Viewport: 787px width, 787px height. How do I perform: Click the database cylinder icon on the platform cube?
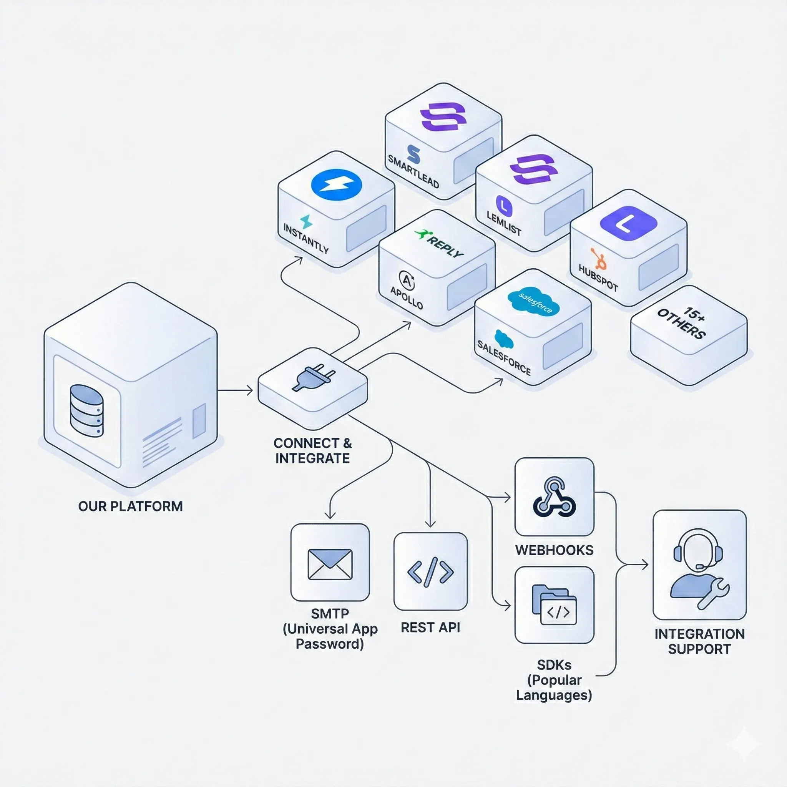(x=86, y=411)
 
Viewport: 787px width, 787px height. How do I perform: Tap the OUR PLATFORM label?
(x=130, y=506)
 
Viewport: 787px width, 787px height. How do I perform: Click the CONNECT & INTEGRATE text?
(x=312, y=450)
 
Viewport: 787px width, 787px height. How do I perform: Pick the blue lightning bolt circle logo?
(x=336, y=184)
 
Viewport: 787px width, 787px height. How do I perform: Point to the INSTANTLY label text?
(x=306, y=239)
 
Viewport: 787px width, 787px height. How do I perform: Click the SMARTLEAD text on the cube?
(x=413, y=171)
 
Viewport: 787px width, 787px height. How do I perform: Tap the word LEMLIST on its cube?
(x=504, y=223)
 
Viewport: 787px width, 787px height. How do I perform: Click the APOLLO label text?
(x=406, y=298)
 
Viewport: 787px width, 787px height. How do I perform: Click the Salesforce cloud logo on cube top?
(x=533, y=302)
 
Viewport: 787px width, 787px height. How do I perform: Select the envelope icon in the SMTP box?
(x=330, y=564)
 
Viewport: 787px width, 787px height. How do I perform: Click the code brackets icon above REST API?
(x=430, y=572)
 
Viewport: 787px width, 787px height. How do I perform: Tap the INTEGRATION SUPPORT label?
(x=699, y=641)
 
